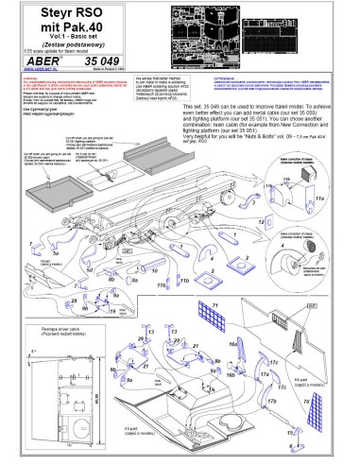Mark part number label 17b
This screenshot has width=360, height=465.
pyautogui.click(x=273, y=400)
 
